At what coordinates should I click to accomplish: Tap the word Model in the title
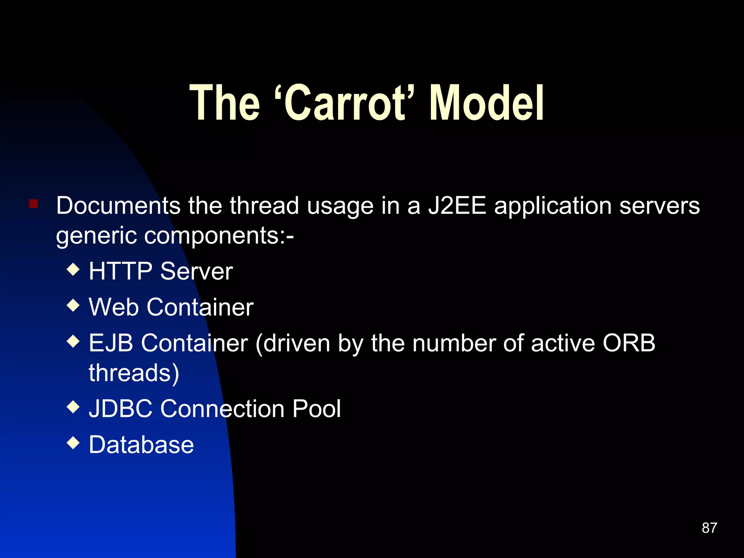(487, 103)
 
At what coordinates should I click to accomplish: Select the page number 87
(709, 528)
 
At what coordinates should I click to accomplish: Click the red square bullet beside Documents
(33, 203)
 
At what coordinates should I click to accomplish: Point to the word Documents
(118, 206)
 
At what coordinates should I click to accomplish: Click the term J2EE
(457, 206)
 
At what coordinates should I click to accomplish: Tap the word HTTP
(121, 271)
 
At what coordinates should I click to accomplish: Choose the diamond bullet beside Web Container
(73, 305)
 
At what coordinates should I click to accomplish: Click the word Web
(114, 307)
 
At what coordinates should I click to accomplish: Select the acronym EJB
(111, 343)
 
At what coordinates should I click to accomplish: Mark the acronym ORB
(629, 343)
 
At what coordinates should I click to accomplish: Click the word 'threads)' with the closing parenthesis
(134, 373)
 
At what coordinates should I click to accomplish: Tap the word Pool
(316, 409)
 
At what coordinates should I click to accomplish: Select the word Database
(141, 445)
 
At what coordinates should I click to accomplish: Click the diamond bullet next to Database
(73, 442)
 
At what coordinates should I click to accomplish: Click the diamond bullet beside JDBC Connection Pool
(73, 407)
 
